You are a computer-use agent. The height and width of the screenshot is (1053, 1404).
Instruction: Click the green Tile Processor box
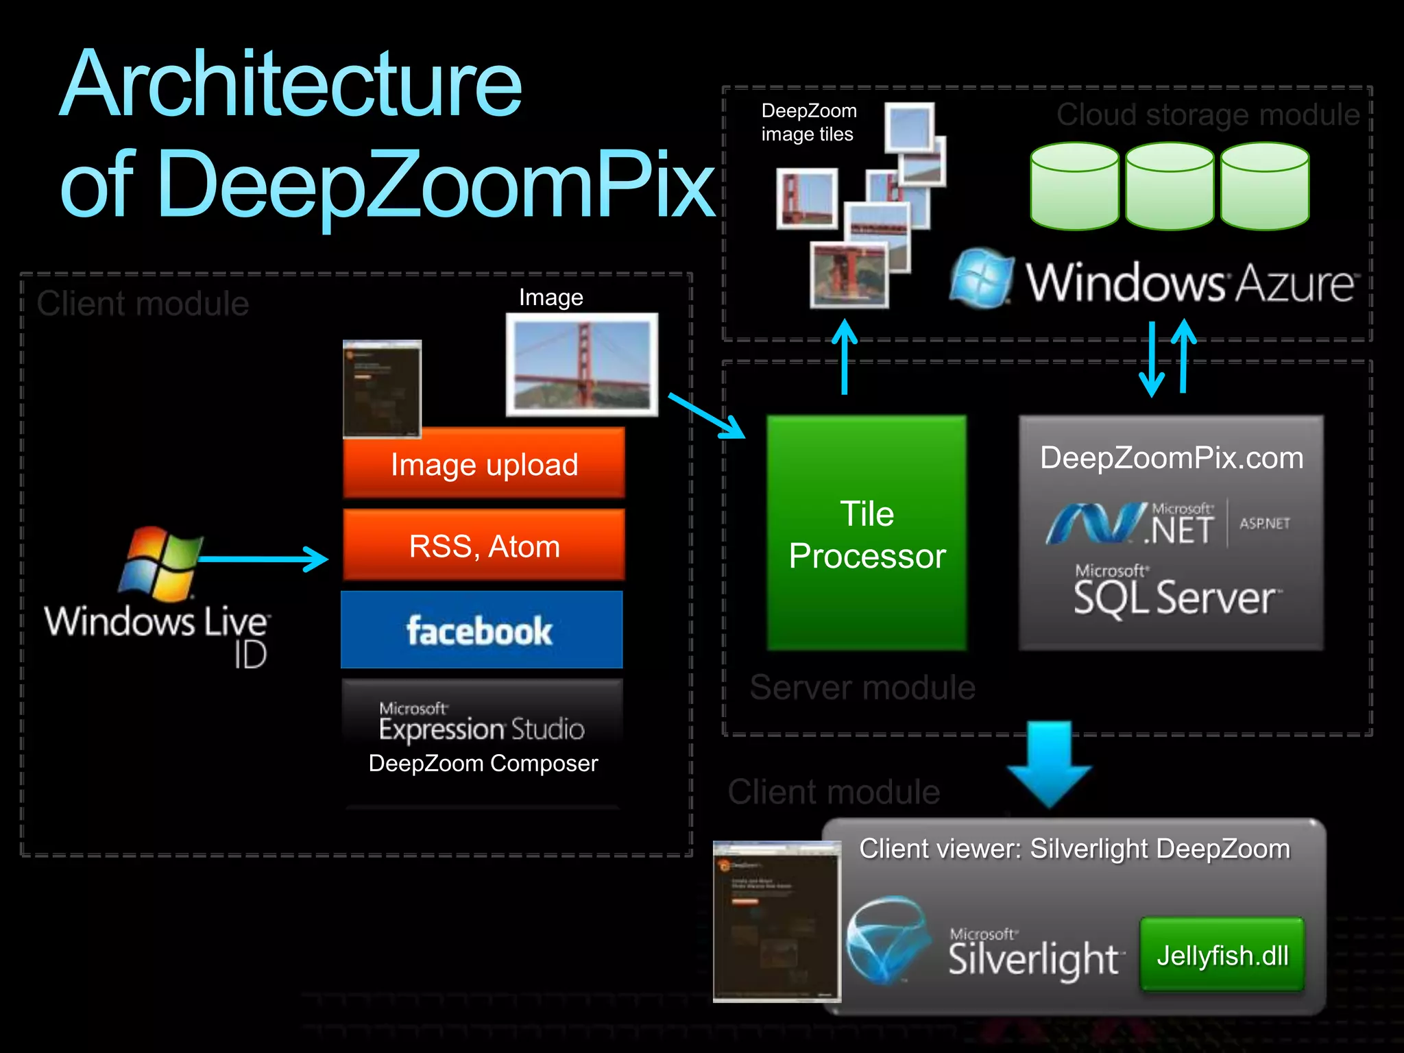tap(867, 533)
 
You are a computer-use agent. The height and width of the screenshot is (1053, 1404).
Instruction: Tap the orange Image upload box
tap(484, 464)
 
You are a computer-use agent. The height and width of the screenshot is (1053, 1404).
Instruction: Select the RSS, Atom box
tap(484, 546)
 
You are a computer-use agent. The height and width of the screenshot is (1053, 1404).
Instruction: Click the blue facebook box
tap(481, 630)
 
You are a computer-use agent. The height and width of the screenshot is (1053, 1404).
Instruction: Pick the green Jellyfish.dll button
tap(1222, 955)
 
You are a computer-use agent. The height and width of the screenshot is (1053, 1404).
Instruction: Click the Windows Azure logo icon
tap(982, 279)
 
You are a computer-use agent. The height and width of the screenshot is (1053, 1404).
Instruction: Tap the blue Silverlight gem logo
tap(888, 939)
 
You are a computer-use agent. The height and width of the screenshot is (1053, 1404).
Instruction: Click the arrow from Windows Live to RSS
tap(264, 559)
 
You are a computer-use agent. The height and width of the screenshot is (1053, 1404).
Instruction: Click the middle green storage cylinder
tap(1170, 186)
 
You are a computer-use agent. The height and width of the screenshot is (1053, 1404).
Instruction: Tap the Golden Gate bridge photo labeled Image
tap(582, 365)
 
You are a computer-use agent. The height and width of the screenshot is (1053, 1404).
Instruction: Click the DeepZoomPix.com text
tap(1171, 458)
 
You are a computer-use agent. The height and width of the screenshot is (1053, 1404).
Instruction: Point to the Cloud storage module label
tap(1207, 114)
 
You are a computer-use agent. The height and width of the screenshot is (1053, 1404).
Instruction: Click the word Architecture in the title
tap(291, 85)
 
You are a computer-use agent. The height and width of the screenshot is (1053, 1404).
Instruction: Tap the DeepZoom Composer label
tap(483, 763)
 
